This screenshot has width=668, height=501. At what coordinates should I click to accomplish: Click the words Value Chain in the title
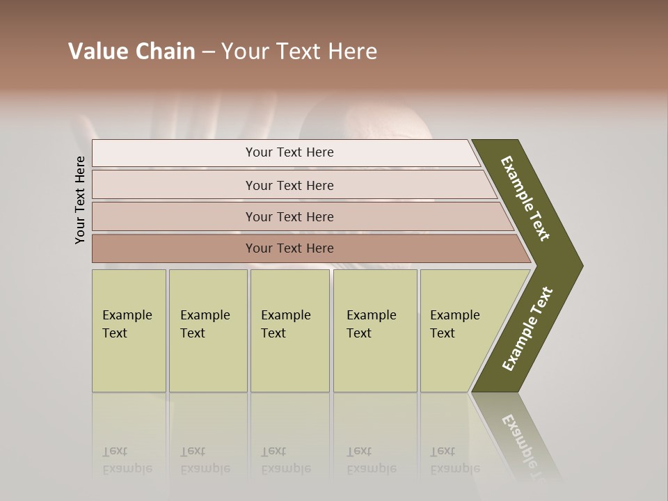click(132, 51)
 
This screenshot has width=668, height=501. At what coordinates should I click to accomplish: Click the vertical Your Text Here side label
click(80, 200)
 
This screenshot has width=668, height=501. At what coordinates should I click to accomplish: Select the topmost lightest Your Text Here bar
click(289, 152)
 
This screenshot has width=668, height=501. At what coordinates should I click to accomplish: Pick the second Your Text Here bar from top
click(289, 185)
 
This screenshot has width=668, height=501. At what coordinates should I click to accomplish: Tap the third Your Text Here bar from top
click(289, 216)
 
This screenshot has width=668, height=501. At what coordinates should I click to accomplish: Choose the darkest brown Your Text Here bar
click(289, 248)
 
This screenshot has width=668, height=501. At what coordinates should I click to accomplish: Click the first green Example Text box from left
click(129, 331)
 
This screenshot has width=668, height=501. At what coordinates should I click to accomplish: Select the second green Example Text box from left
click(207, 331)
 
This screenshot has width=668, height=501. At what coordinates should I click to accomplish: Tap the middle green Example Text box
click(289, 331)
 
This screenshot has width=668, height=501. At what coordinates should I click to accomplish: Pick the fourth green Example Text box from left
click(375, 331)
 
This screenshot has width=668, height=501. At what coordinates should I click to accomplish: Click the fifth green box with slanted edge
click(459, 331)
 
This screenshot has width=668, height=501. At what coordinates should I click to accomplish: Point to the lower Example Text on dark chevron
click(527, 329)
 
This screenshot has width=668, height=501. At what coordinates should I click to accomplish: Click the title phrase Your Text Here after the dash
click(299, 51)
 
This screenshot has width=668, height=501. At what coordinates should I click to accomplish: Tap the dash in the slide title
click(208, 52)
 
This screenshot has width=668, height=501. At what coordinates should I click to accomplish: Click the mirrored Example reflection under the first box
click(127, 468)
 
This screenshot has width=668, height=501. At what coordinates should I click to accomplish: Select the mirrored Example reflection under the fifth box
click(454, 468)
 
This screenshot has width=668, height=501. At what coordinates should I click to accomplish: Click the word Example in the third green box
click(285, 315)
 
